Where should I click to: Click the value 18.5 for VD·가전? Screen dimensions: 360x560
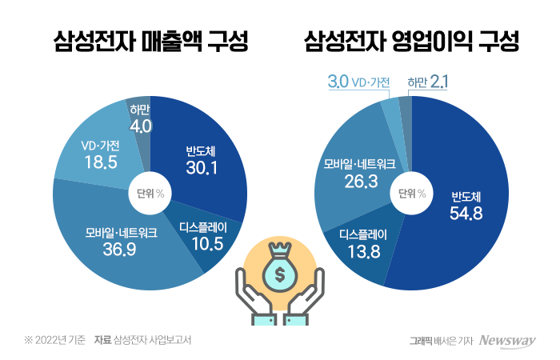click(91, 162)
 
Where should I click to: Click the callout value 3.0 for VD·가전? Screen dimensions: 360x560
click(338, 81)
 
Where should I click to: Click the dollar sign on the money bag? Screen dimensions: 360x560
click(280, 275)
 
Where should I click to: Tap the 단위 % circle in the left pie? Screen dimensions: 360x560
click(150, 193)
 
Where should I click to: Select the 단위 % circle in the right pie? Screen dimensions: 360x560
click(410, 193)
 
